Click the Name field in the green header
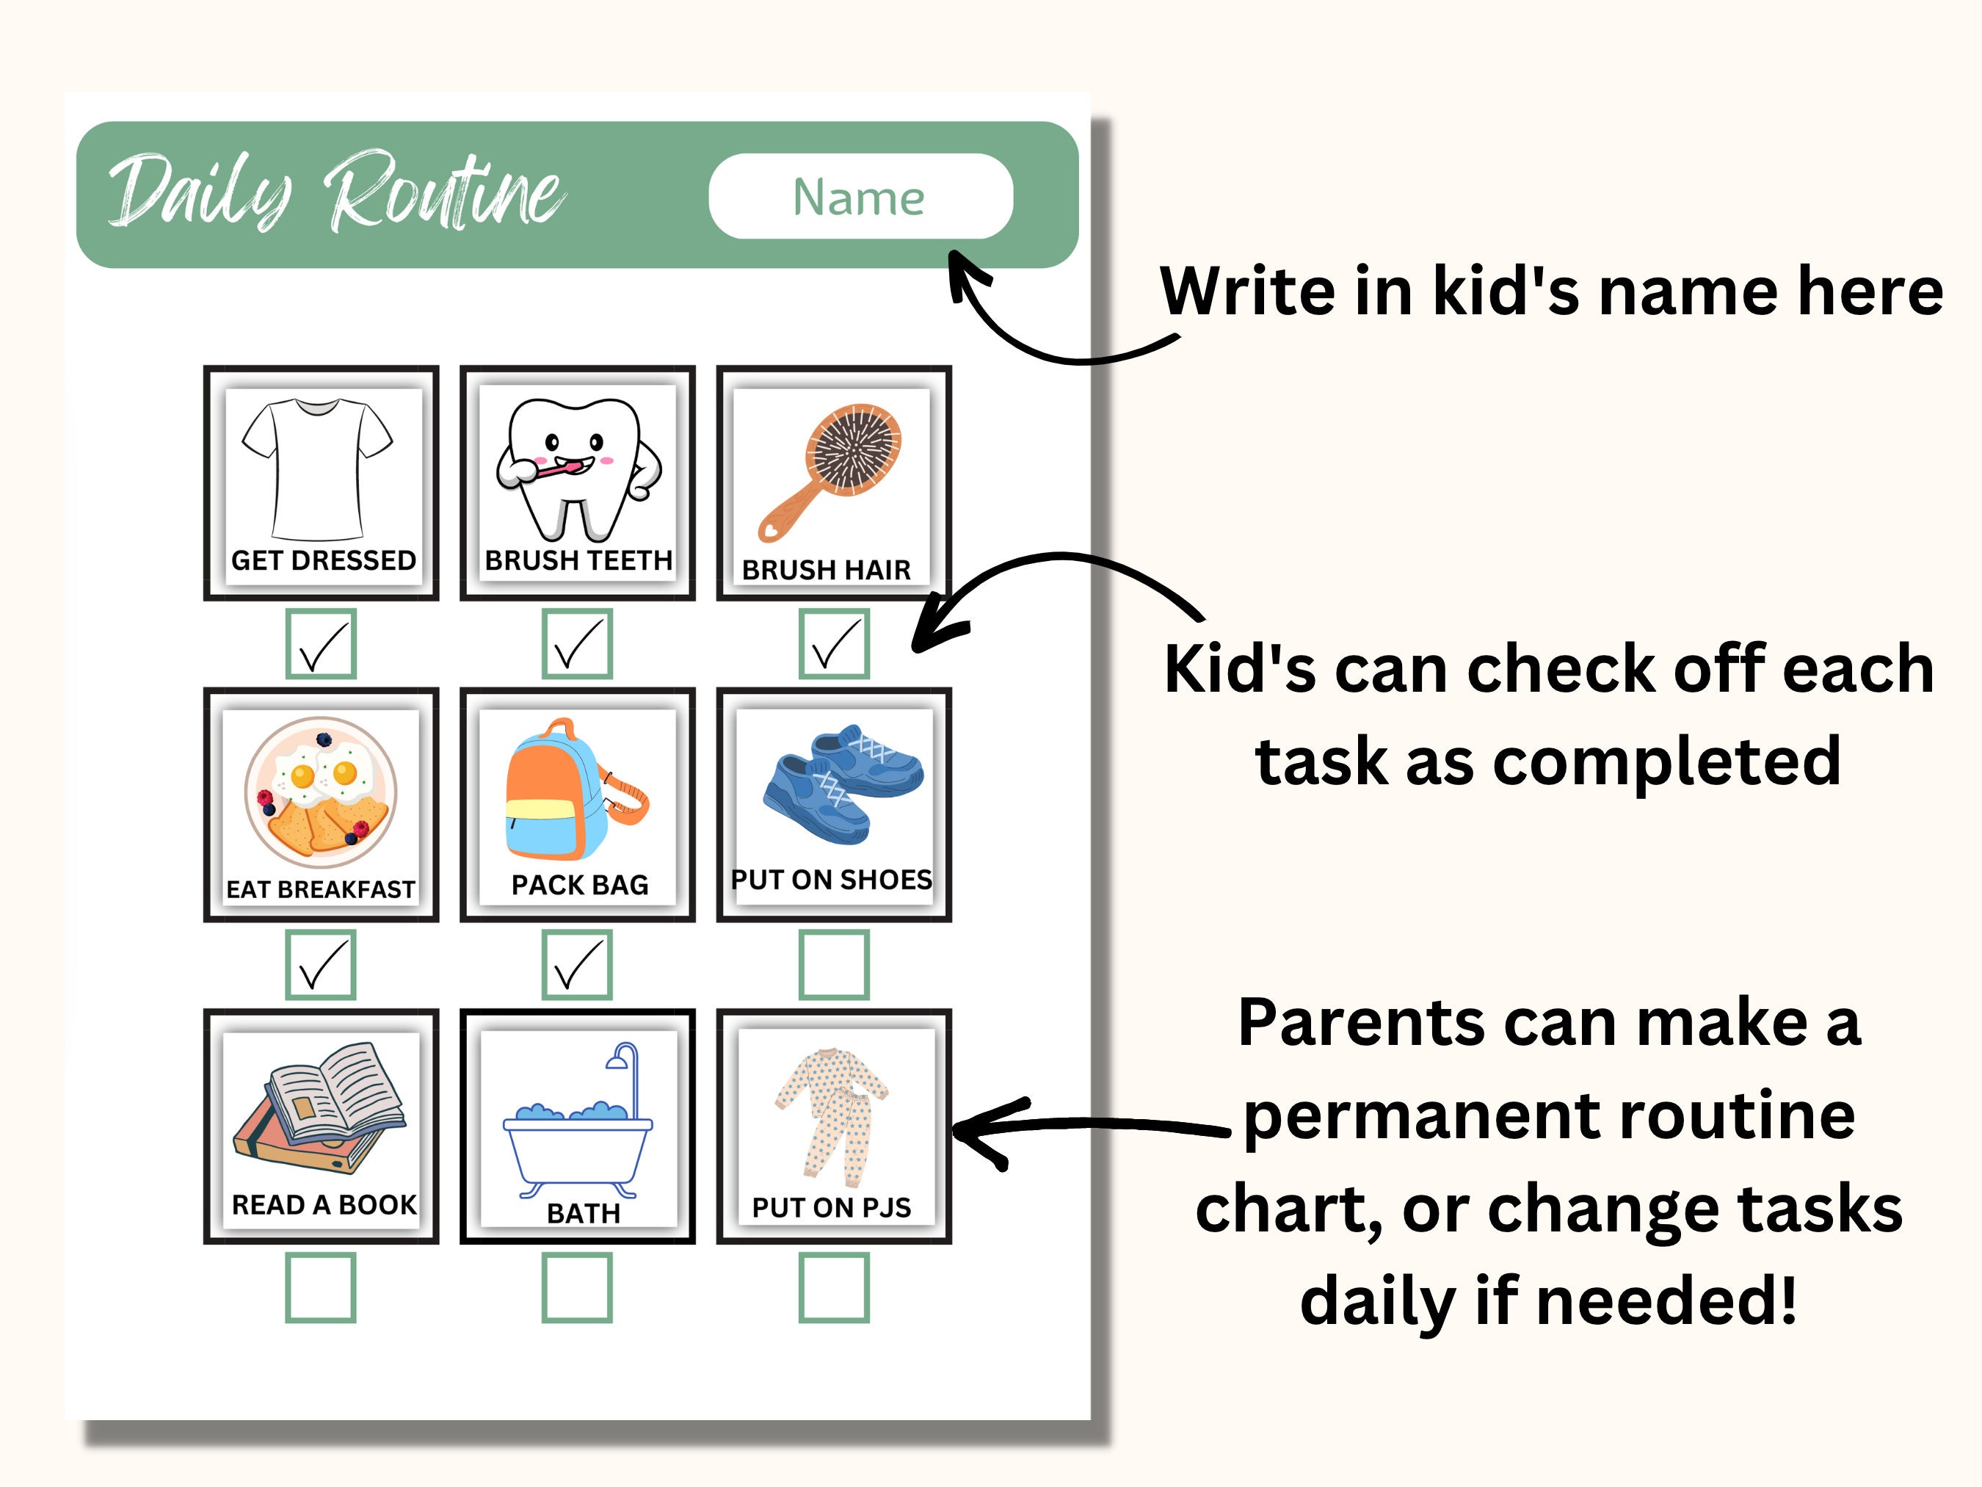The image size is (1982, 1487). (x=860, y=196)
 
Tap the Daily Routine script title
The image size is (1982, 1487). (x=336, y=192)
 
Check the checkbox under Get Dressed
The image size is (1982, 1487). (x=321, y=643)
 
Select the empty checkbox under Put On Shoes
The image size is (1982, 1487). (x=833, y=964)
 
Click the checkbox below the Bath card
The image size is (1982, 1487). (x=577, y=1287)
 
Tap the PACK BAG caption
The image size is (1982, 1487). (x=580, y=885)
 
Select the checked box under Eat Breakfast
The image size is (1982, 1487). (x=321, y=964)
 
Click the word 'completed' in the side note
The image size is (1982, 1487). (x=1666, y=762)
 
